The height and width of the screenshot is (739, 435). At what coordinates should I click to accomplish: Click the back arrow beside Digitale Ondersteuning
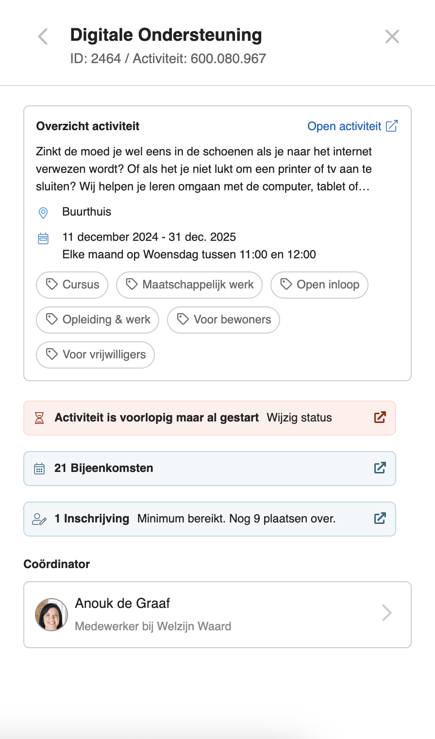click(x=43, y=36)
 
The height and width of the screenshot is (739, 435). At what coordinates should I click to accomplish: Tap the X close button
click(x=392, y=36)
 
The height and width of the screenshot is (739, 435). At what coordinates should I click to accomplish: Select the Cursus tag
click(x=72, y=285)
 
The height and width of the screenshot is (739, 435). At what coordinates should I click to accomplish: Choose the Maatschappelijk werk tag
click(x=189, y=285)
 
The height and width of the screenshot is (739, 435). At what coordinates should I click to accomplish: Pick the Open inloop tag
click(x=319, y=285)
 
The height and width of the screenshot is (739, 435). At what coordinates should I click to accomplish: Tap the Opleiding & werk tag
click(x=98, y=319)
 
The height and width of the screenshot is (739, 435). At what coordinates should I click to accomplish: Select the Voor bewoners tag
click(x=223, y=319)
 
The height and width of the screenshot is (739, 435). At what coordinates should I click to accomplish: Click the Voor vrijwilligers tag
click(x=95, y=354)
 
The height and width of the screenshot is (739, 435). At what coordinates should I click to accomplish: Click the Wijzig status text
click(x=299, y=418)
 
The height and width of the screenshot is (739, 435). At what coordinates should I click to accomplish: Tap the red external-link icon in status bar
click(x=380, y=418)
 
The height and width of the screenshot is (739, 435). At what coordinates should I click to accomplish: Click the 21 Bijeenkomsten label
click(x=103, y=468)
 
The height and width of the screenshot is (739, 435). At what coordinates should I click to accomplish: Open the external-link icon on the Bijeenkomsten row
click(x=380, y=468)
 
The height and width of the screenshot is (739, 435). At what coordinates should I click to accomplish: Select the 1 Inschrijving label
click(x=92, y=519)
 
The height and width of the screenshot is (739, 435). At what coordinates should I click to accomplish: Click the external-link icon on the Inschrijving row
click(x=380, y=519)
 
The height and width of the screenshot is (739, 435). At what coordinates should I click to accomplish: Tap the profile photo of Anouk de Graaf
click(x=51, y=614)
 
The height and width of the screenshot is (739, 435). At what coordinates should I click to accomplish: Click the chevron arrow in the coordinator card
click(x=386, y=613)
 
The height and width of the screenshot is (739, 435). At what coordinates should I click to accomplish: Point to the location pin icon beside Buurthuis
click(x=43, y=213)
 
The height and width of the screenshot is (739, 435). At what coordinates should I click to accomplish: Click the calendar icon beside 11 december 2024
click(x=43, y=238)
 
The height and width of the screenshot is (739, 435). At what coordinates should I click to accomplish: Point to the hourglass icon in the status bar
click(x=40, y=418)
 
